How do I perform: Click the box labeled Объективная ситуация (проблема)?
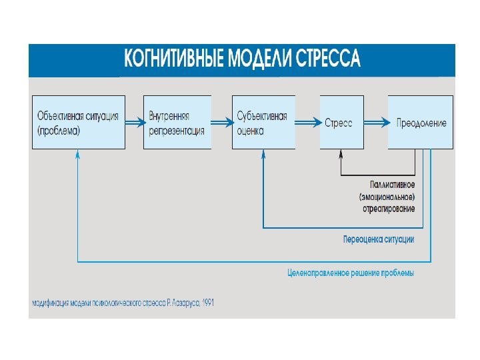pyautogui.click(x=79, y=122)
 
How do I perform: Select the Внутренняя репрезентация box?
pyautogui.click(x=177, y=122)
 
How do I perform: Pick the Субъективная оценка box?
pyautogui.click(x=263, y=122)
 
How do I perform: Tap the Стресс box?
pyautogui.click(x=341, y=122)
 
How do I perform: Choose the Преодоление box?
pyautogui.click(x=421, y=122)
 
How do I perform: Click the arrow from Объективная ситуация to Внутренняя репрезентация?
pyautogui.click(x=134, y=123)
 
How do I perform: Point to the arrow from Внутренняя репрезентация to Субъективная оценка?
pyautogui.click(x=221, y=123)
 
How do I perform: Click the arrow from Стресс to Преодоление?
pyautogui.click(x=376, y=123)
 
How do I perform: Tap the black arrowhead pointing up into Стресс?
pyautogui.click(x=341, y=154)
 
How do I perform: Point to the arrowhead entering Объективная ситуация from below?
pyautogui.click(x=78, y=154)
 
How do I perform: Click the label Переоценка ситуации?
pyautogui.click(x=378, y=239)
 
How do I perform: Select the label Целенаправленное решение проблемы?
pyautogui.click(x=351, y=273)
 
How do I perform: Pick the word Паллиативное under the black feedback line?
pyautogui.click(x=393, y=184)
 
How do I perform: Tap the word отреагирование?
pyautogui.click(x=389, y=209)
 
